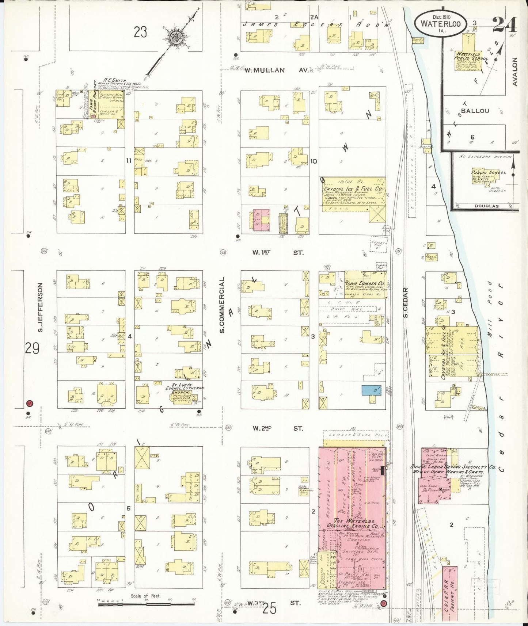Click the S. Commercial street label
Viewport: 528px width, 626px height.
point(222,305)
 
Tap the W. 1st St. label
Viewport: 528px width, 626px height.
point(278,252)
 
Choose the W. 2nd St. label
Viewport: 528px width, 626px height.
point(278,428)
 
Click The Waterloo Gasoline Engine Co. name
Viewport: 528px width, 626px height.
point(352,523)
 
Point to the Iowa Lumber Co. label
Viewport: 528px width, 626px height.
point(365,283)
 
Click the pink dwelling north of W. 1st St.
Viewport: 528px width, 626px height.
point(262,220)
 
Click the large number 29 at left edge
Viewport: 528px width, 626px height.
point(32,349)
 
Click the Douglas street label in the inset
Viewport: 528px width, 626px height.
point(486,206)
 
